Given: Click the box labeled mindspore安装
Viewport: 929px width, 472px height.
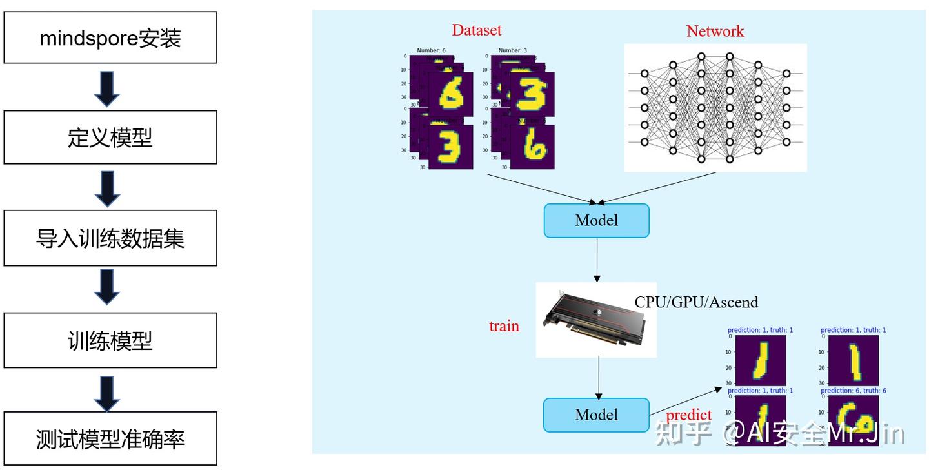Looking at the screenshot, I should pyautogui.click(x=110, y=37).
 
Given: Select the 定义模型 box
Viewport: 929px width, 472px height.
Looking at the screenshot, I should pyautogui.click(x=110, y=138).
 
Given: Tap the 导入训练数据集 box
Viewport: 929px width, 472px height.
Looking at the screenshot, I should pyautogui.click(x=110, y=238).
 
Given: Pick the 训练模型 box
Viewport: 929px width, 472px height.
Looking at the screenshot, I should pyautogui.click(x=110, y=340).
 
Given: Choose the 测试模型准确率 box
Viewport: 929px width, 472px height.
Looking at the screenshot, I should pyautogui.click(x=110, y=439).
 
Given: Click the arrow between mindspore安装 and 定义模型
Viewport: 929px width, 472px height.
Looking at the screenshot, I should pyautogui.click(x=107, y=88).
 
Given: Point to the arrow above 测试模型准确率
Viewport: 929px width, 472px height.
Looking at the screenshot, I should pyautogui.click(x=107, y=393).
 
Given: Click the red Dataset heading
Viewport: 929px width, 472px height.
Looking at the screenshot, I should pyautogui.click(x=476, y=30).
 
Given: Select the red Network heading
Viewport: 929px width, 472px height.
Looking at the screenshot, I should pyautogui.click(x=715, y=31).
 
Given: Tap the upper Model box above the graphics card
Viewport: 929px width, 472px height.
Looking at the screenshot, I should pyautogui.click(x=596, y=221).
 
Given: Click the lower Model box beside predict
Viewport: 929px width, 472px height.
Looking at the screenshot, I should pyautogui.click(x=596, y=415).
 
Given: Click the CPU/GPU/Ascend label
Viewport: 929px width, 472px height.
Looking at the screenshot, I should pyautogui.click(x=696, y=302).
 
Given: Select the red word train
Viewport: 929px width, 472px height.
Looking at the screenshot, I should pyautogui.click(x=504, y=326).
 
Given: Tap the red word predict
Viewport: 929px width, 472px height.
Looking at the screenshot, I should pyautogui.click(x=688, y=415).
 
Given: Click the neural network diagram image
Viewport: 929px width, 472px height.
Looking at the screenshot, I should pyautogui.click(x=715, y=108).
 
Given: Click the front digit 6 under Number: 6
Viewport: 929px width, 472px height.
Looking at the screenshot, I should pyautogui.click(x=450, y=94).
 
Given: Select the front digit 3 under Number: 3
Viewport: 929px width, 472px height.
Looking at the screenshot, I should pyautogui.click(x=532, y=94).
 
